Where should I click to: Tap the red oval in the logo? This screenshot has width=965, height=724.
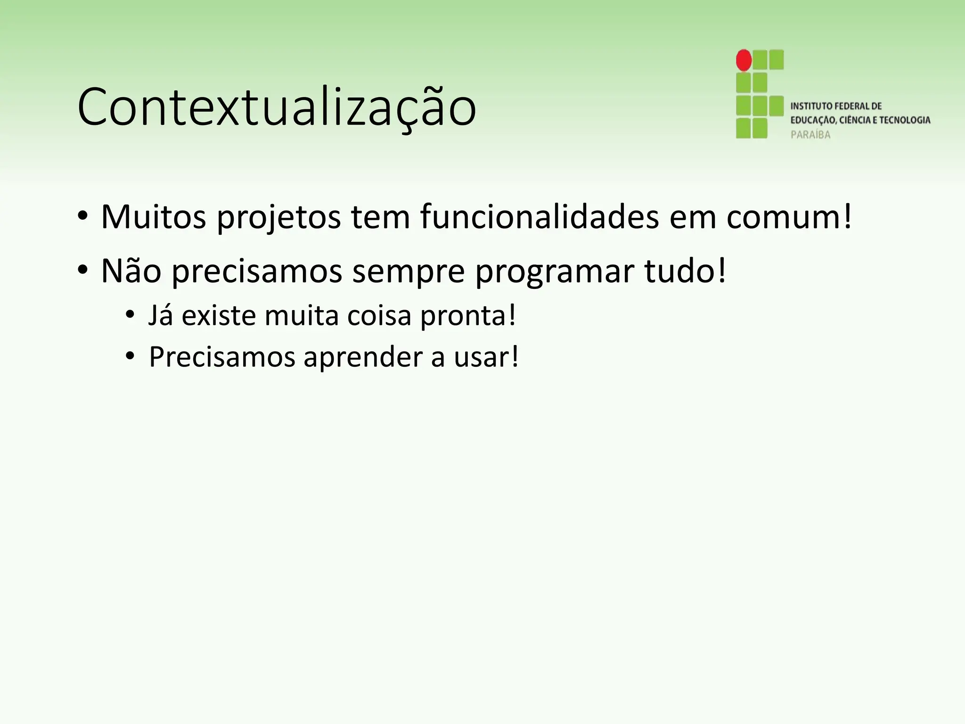coord(744,60)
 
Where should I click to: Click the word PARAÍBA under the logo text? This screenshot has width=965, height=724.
coord(810,135)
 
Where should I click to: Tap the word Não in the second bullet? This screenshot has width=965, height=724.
coord(131,271)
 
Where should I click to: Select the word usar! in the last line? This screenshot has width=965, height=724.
coord(486,357)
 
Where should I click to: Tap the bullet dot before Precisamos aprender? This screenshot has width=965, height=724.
coord(130,357)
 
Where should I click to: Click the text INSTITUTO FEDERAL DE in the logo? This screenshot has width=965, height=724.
coord(836,106)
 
